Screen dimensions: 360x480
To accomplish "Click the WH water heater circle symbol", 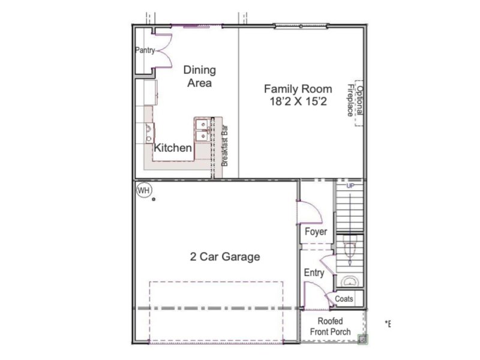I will point(144,191).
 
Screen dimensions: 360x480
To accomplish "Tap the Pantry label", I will point(145,50).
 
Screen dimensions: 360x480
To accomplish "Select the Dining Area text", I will point(199,76).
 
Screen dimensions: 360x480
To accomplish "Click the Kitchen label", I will point(173,148).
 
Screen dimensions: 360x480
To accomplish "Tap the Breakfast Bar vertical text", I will point(226,145).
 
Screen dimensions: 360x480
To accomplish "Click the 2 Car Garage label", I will point(226,257).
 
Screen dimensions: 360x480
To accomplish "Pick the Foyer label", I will point(315,232).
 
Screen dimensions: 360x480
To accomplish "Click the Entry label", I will point(314,273).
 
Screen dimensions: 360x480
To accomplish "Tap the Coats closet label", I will point(344,298).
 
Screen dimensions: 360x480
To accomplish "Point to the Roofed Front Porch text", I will point(330,326).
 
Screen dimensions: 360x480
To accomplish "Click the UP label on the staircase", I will point(351,186).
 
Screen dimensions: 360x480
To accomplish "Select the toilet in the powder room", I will point(351,248).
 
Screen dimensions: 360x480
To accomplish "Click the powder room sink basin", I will point(347,281).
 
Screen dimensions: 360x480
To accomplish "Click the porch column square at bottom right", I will point(362,340).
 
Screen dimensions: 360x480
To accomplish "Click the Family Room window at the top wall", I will point(301,26).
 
